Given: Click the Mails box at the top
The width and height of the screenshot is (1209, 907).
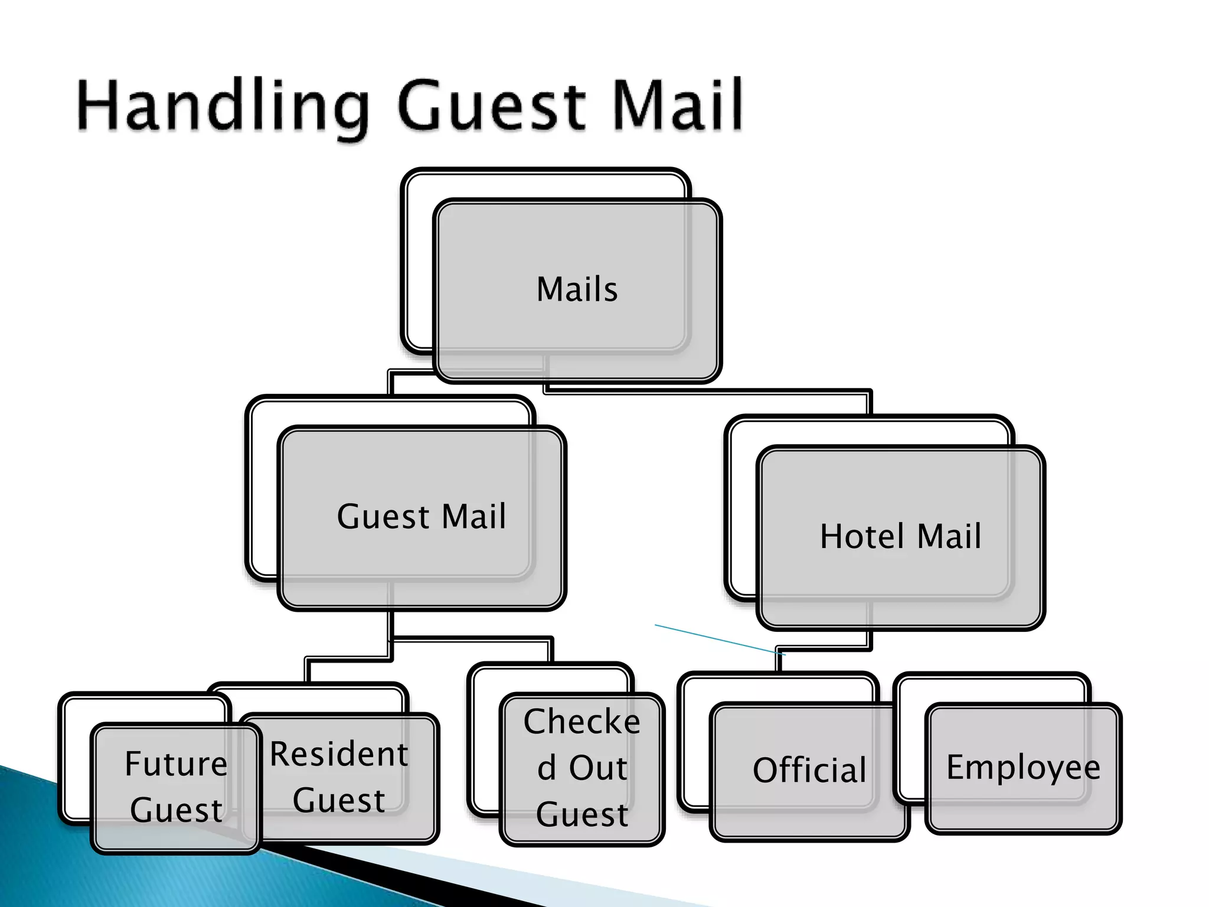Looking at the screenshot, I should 577,290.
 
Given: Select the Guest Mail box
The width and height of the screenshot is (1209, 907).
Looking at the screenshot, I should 421,517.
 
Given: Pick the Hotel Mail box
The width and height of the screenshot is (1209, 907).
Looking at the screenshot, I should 900,537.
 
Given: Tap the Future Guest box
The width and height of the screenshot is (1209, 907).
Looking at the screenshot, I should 175,787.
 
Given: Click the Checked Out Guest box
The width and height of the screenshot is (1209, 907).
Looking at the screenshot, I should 582,768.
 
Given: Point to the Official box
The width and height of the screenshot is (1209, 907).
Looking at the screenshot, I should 809,771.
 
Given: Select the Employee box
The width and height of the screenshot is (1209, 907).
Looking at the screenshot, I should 1023,768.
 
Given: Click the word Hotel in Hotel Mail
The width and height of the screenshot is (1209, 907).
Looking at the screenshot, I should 862,537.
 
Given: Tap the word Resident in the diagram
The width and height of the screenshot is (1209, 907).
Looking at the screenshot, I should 339,755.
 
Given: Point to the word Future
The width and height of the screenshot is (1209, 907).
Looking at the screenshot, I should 176,764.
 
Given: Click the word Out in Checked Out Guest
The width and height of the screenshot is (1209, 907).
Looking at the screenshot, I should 598,768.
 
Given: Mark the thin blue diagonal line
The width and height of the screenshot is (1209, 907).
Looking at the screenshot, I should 720,640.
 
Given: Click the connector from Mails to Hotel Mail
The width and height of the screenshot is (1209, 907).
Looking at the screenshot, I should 708,390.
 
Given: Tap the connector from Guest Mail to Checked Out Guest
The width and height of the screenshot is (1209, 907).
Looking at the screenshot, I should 472,639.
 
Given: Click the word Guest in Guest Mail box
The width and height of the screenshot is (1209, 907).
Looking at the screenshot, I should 383,517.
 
